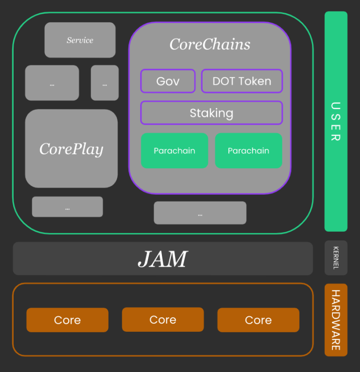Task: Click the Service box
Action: [80, 40]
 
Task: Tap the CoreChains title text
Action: [210, 44]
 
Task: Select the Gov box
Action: [168, 81]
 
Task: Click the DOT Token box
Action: [242, 81]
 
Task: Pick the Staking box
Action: [212, 113]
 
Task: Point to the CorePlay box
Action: [71, 148]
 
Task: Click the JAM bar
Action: [163, 258]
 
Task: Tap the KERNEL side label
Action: [336, 258]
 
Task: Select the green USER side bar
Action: [336, 121]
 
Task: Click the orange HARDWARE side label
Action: [336, 320]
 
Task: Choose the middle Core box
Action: [163, 320]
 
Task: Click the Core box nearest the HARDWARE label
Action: [258, 320]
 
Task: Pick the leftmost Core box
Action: [67, 320]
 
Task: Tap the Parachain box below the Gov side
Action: [174, 151]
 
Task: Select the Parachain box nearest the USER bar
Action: [248, 151]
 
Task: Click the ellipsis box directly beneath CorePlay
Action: [67, 207]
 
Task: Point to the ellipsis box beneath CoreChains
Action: [200, 213]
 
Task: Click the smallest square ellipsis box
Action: [105, 83]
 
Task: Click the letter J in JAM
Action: [145, 259]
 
